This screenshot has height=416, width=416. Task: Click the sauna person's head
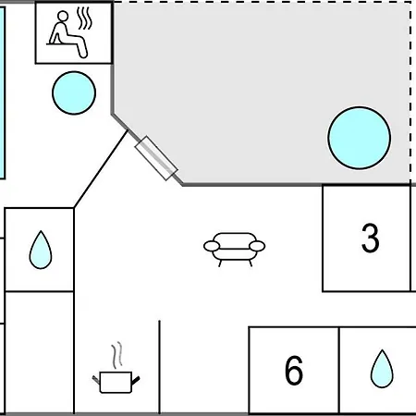63,16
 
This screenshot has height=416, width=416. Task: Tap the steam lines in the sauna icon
84,18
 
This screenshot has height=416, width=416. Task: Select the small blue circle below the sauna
74,92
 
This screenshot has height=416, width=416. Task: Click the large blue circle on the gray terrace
360,138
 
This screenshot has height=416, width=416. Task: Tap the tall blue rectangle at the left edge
2,92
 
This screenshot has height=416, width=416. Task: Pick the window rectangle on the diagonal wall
156,158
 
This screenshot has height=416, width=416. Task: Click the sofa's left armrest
212,246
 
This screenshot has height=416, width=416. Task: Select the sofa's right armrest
257,246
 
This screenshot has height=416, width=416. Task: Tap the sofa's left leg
220,263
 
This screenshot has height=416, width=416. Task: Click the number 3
370,238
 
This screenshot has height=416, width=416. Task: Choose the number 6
294,370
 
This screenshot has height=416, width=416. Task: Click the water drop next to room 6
382,369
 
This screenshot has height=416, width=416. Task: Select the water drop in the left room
41,250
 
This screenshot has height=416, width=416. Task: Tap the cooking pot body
116,383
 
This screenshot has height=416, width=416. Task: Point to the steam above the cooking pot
116,355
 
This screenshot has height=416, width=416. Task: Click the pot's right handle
136,381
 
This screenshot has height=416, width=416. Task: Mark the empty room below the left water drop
40,352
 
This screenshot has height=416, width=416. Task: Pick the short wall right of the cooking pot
159,367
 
